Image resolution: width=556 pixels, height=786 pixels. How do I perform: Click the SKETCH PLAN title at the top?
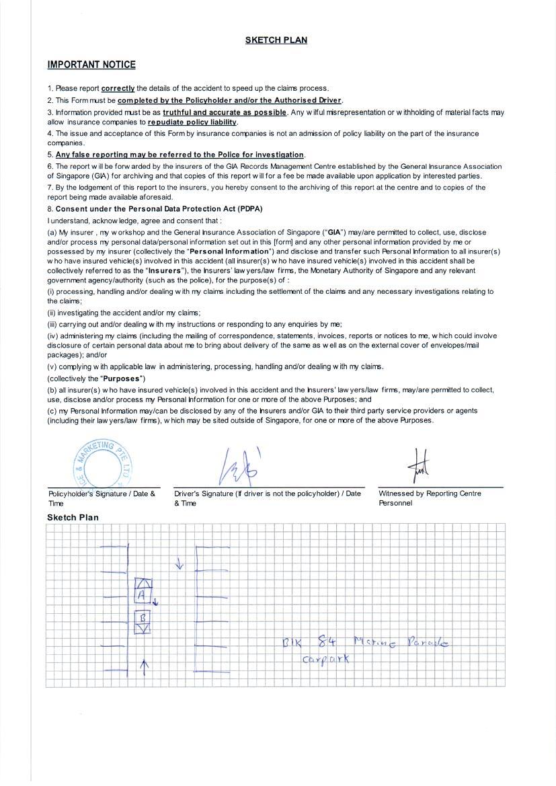point(276,40)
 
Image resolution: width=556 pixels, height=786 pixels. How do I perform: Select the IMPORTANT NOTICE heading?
point(91,65)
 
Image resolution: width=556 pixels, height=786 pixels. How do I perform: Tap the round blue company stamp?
point(102,463)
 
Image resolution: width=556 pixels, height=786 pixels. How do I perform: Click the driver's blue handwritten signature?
point(237,466)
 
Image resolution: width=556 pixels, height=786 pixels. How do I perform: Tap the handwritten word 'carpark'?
point(327,658)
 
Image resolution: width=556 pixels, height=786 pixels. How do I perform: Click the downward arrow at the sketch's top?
point(179,563)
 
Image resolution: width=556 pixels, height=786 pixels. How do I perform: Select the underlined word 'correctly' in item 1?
point(118,88)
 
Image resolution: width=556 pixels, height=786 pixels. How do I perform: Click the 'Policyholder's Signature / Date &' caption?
point(102,494)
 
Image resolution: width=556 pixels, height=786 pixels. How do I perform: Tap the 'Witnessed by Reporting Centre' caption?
point(430,494)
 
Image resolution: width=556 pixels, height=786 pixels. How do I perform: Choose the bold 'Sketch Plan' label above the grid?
point(73,517)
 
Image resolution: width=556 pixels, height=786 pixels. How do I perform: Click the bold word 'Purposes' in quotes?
point(123,379)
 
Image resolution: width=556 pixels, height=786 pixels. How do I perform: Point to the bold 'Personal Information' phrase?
point(229,251)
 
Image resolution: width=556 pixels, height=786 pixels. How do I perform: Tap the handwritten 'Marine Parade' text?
point(401,643)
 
